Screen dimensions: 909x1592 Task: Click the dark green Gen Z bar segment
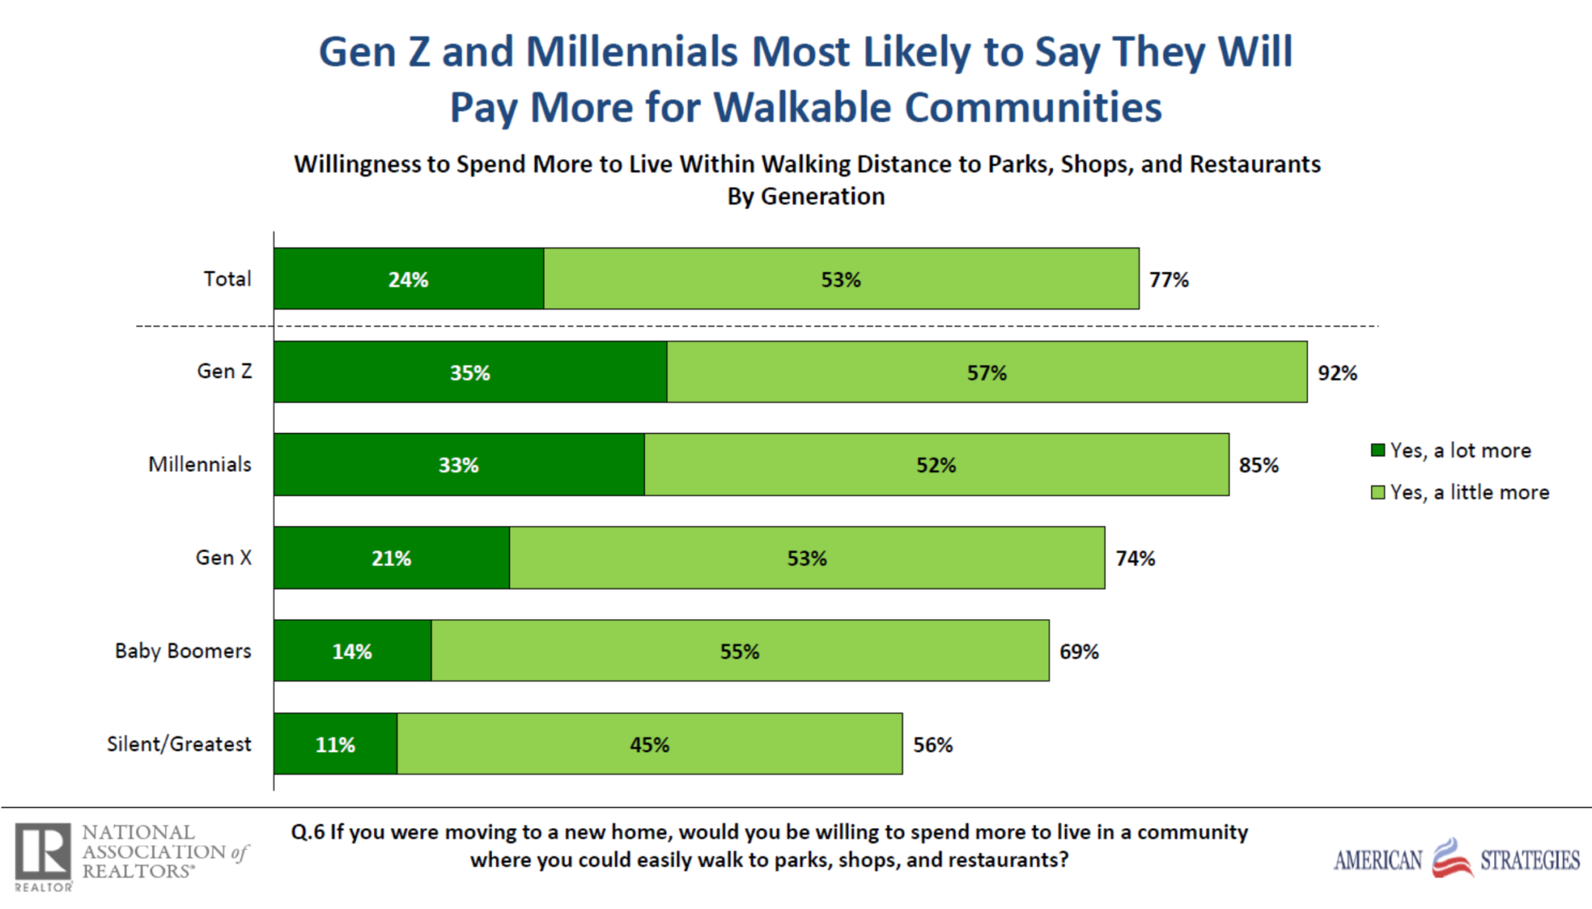coord(470,372)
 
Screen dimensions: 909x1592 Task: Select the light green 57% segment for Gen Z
coord(986,372)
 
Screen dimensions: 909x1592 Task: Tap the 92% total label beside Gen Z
coord(1337,373)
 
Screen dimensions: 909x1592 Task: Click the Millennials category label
coord(200,464)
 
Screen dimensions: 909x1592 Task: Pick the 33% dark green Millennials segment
coord(459,464)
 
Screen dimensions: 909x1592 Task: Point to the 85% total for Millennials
coord(1259,465)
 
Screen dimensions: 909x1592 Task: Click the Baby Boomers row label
coord(183,651)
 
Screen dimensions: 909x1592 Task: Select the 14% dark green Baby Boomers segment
coord(352,651)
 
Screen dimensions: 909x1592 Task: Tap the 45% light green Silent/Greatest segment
coord(649,744)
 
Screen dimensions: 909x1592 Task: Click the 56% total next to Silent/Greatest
coord(932,745)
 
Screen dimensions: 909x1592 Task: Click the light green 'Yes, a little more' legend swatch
coord(1377,492)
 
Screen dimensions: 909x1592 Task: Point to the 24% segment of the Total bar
coord(408,279)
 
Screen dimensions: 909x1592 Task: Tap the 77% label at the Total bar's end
coord(1168,280)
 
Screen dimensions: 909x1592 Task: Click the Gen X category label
coord(223,558)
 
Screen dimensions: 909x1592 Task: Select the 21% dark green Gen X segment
coord(391,558)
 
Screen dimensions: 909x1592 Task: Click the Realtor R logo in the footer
coord(44,853)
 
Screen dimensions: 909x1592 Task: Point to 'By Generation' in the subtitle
coord(805,196)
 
